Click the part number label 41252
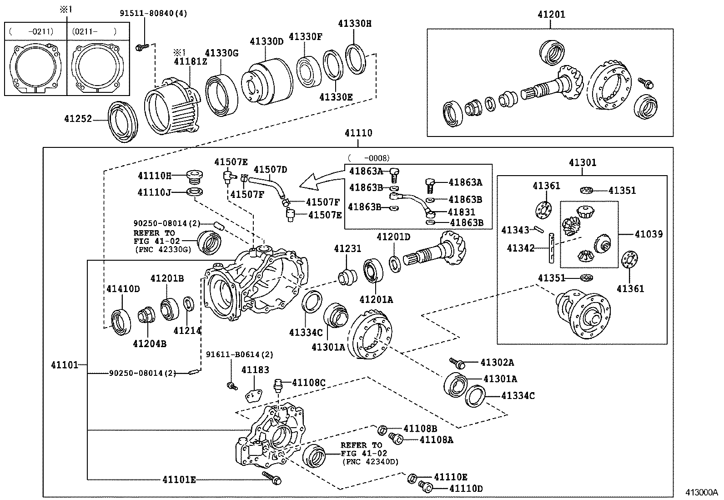coord(78,119)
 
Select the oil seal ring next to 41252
coord(122,121)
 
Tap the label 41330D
coord(266,41)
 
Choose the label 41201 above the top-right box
coord(551,14)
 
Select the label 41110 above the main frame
coord(358,133)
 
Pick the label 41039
coord(649,234)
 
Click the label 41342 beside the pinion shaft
coord(520,248)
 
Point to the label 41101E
coord(179,479)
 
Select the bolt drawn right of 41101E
coord(273,478)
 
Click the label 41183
coord(255,370)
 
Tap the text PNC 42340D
coord(369,462)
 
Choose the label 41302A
coord(497,362)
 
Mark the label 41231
coord(347,248)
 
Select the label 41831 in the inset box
coord(462,212)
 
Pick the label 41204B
coord(150,343)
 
